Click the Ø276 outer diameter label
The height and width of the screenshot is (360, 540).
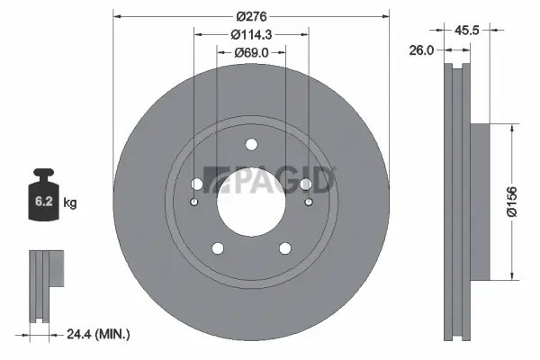[251, 15]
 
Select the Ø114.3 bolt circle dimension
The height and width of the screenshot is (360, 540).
[251, 33]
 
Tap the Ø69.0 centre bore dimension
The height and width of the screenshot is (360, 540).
[251, 52]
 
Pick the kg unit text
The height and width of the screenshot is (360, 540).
[70, 203]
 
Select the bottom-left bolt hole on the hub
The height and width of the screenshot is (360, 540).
[217, 248]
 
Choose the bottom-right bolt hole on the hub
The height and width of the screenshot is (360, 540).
[285, 248]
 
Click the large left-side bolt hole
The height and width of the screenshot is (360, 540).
[196, 184]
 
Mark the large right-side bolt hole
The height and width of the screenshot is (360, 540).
[306, 184]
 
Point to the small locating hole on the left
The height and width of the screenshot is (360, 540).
[194, 202]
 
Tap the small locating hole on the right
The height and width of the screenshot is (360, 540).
[308, 202]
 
